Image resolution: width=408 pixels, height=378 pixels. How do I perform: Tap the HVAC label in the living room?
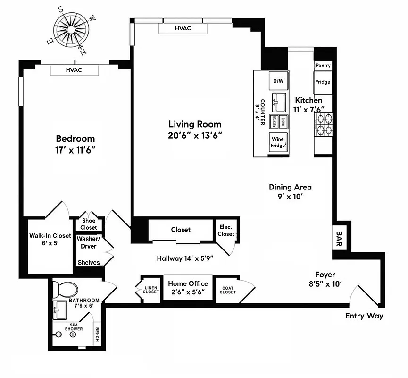click(183, 28)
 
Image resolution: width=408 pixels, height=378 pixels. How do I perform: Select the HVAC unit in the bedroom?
click(74, 70)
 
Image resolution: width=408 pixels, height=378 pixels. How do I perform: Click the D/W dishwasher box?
click(278, 81)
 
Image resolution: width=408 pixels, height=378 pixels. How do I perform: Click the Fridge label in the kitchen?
click(323, 82)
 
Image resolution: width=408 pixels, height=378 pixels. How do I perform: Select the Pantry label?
click(323, 66)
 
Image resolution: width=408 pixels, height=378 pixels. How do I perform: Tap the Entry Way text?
click(364, 316)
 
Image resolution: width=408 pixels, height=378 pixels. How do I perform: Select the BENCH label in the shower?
click(97, 335)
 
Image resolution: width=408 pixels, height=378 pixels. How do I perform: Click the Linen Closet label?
click(151, 289)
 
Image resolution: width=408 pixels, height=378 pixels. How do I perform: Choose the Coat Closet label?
click(227, 289)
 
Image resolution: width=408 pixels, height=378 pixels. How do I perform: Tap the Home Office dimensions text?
click(188, 292)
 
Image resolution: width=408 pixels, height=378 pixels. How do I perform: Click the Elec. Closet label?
click(226, 231)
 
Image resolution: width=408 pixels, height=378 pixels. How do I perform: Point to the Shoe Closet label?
click(89, 224)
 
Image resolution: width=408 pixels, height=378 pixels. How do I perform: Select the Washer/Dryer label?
click(87, 242)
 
